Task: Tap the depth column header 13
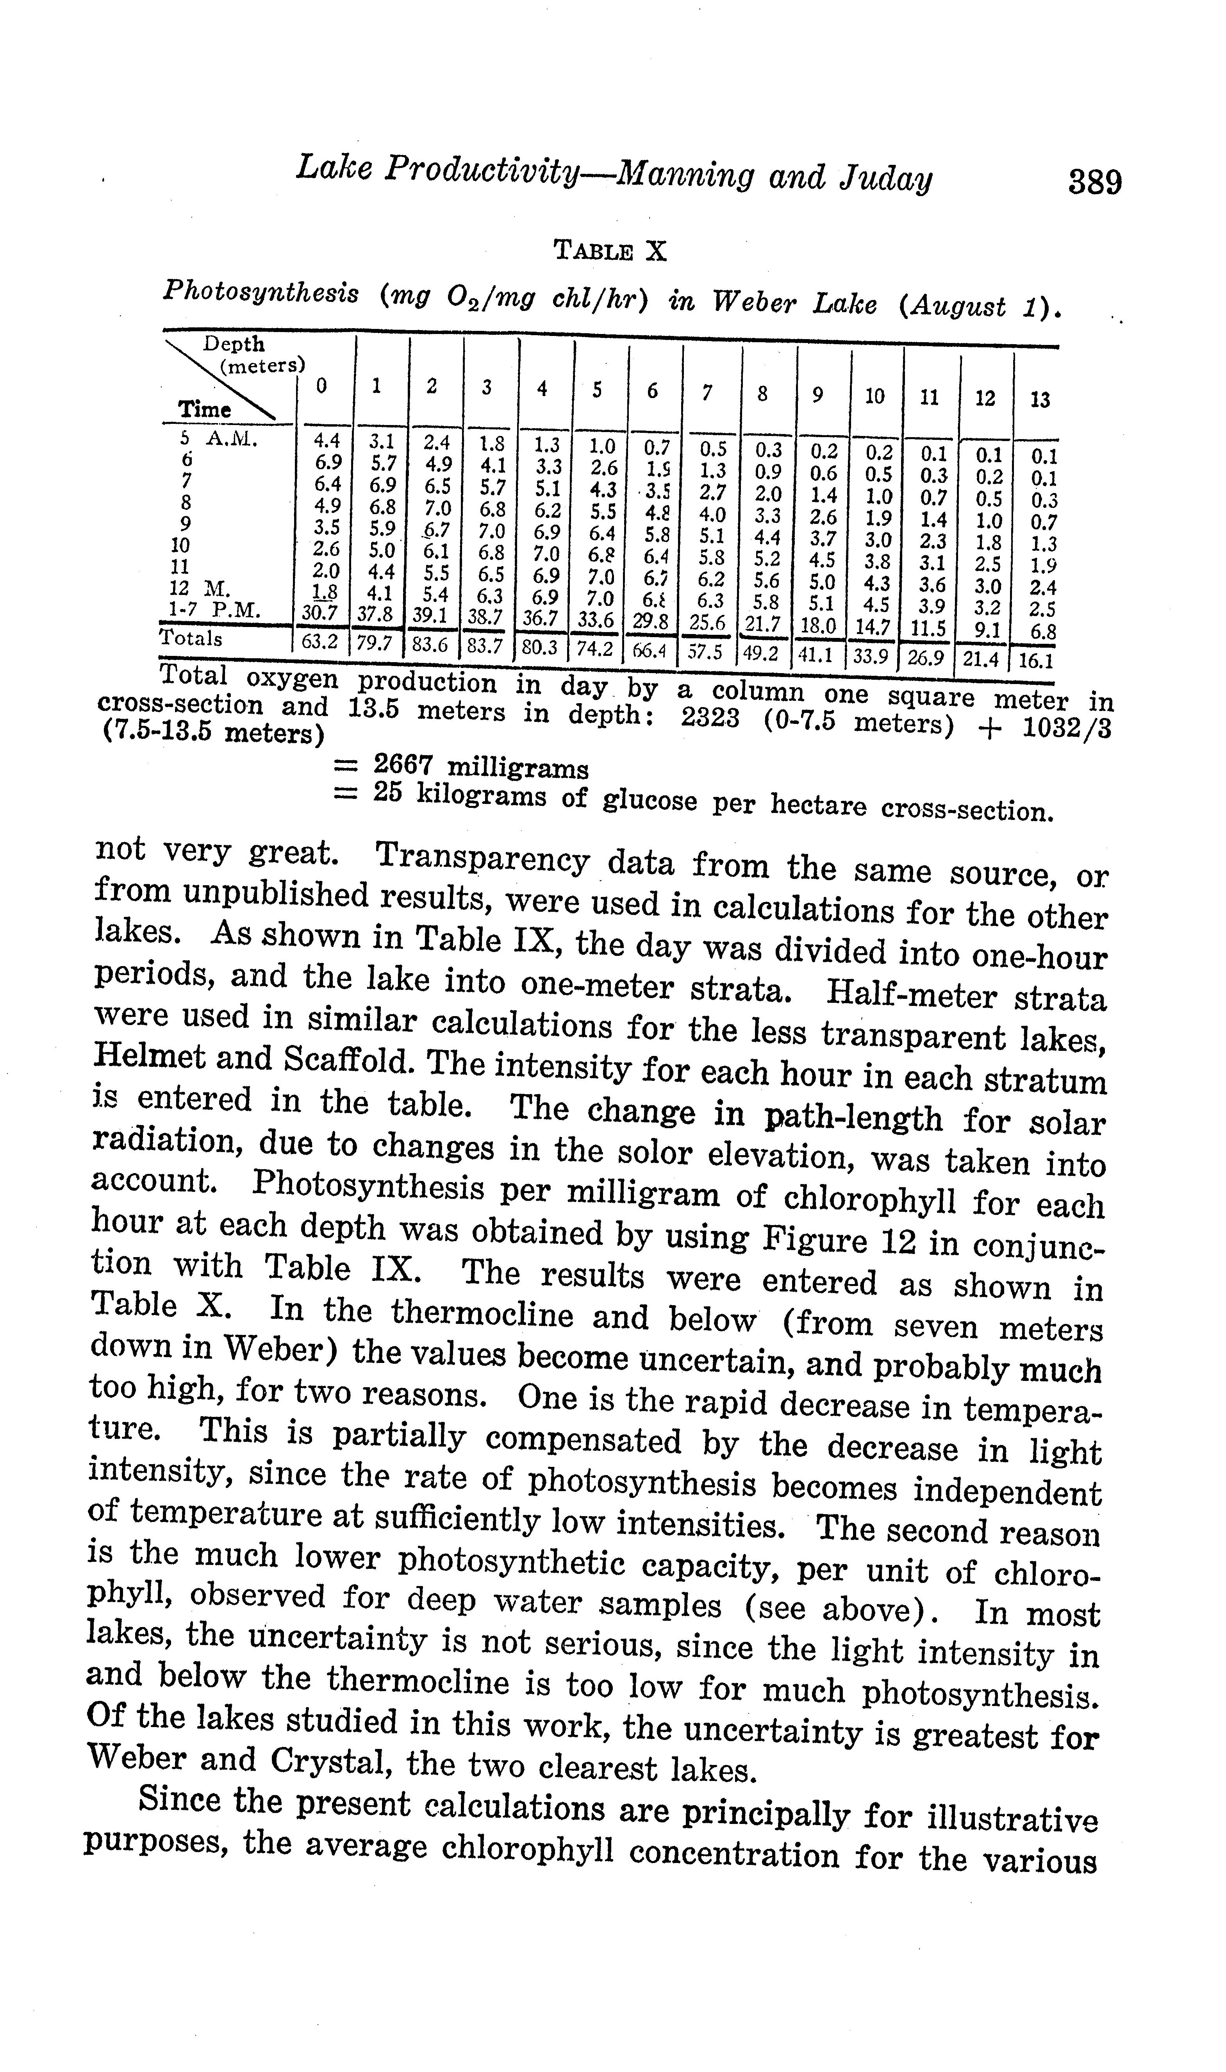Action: coord(1040,400)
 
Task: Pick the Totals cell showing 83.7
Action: coord(485,645)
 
